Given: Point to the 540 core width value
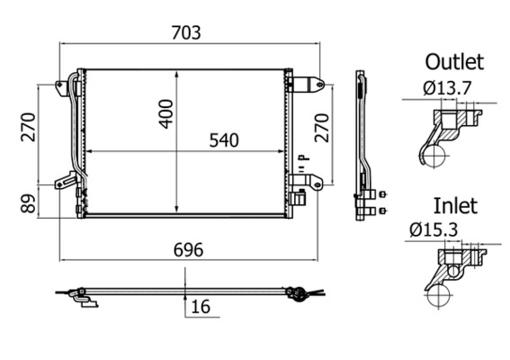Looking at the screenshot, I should (x=224, y=140).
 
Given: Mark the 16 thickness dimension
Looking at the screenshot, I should (x=201, y=307).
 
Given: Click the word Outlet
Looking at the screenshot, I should (x=454, y=62).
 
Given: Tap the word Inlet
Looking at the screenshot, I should (x=455, y=205).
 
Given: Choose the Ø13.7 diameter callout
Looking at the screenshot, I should (x=440, y=88).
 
